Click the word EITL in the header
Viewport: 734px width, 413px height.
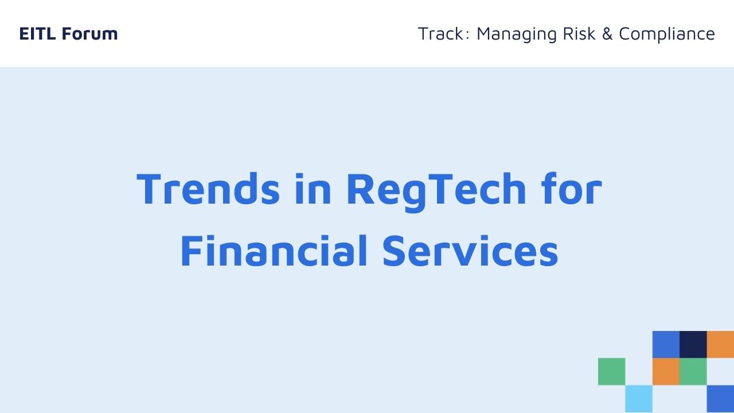pos(37,33)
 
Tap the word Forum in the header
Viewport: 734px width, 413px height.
pos(90,33)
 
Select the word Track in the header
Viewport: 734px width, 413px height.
pos(441,33)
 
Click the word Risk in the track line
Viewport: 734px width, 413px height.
pos(579,33)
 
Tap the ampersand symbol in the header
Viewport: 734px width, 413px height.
pos(607,33)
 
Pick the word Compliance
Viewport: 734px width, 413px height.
pos(667,34)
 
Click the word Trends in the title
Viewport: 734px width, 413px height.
pos(208,189)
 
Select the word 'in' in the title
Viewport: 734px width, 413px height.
pos(313,189)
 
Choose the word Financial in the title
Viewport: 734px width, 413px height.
pos(274,251)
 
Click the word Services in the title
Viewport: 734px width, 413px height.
pos(470,251)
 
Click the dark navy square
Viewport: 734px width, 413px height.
pos(693,345)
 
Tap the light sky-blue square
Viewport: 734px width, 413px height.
pos(639,399)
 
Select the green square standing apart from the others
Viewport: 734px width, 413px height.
pos(611,371)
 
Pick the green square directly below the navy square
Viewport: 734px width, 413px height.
pos(693,371)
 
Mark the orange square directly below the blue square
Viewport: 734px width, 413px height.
pos(666,371)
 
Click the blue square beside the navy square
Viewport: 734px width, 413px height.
pos(666,345)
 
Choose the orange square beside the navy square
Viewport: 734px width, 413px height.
pos(720,345)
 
